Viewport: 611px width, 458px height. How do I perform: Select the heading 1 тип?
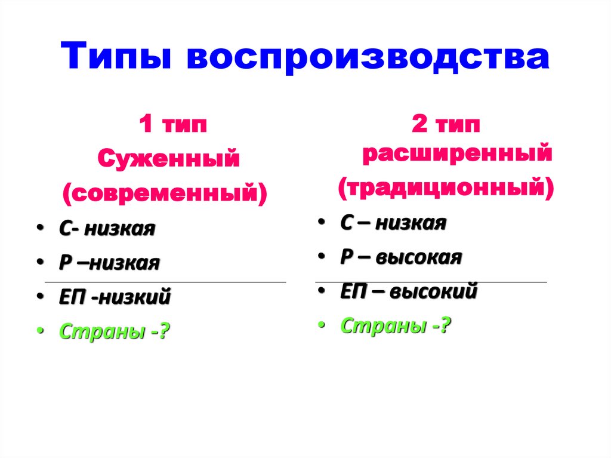(x=173, y=126)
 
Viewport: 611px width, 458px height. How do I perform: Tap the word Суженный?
(x=169, y=159)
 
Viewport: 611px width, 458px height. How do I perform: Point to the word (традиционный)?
(x=446, y=187)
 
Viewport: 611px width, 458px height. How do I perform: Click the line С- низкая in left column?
(x=107, y=229)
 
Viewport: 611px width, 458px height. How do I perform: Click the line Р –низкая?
(x=109, y=263)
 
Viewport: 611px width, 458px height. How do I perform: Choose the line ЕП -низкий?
(x=115, y=297)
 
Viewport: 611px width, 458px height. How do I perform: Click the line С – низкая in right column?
(x=393, y=223)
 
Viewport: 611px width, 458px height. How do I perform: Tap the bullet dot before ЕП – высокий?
(x=320, y=293)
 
